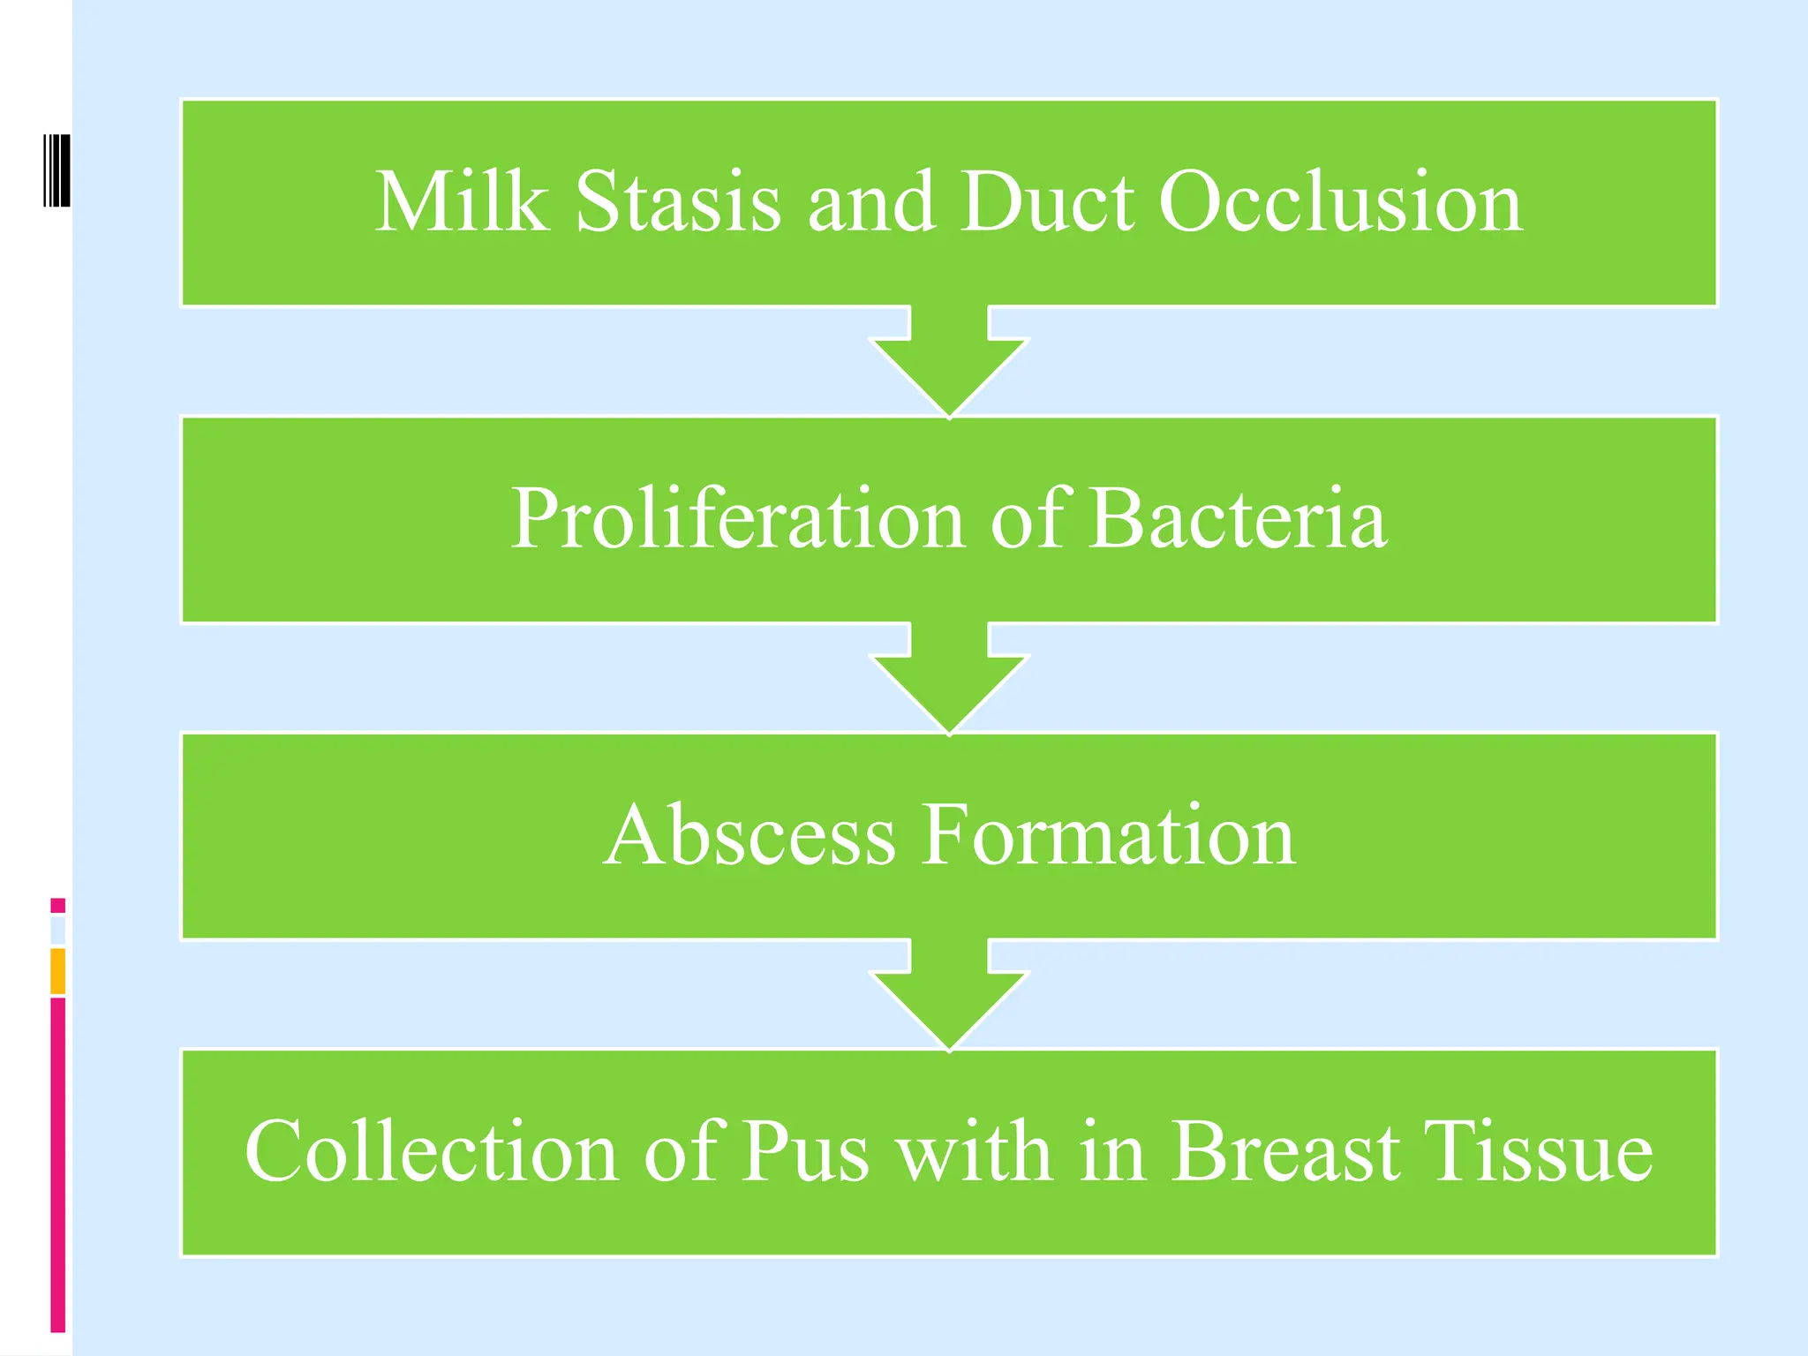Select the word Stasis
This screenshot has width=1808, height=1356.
[x=678, y=203]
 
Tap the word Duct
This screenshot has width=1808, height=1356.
[x=1047, y=203]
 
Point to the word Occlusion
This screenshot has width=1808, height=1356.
[x=1340, y=203]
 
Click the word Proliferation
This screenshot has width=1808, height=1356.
[x=737, y=519]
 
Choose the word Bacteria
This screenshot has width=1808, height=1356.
[x=1237, y=519]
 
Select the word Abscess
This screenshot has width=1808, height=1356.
[x=750, y=835]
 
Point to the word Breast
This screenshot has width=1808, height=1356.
[x=1285, y=1151]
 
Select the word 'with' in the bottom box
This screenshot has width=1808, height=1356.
[x=975, y=1151]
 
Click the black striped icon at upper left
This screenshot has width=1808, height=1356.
[x=56, y=170]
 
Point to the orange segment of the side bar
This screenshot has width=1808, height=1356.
[x=57, y=971]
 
